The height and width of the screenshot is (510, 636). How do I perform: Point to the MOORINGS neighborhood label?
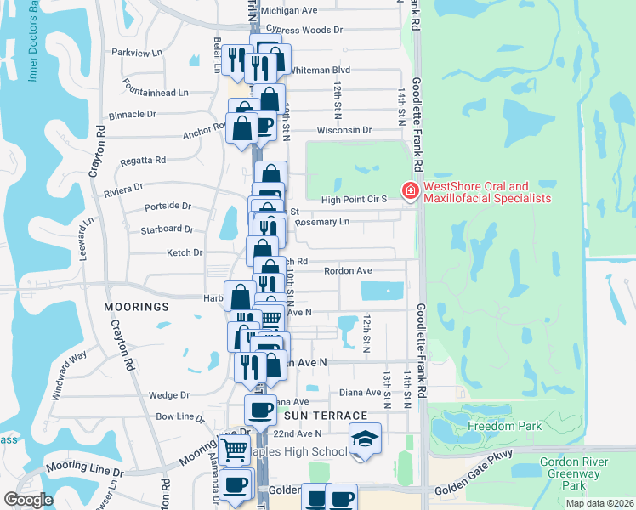pos(137,305)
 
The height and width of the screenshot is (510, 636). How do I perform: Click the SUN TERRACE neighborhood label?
pos(326,415)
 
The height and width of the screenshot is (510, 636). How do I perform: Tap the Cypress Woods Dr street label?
pos(302,29)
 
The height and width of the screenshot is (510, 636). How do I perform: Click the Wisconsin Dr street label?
pos(344,130)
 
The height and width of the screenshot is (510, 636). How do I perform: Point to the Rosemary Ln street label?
pos(321,221)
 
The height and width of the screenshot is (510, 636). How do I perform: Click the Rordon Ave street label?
pos(348,270)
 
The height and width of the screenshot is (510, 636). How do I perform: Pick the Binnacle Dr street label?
pos(133,113)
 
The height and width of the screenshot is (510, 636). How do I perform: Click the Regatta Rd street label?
pos(143,160)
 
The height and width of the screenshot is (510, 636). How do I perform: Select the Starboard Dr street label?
pos(168,229)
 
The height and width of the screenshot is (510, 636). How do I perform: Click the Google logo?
pos(28,500)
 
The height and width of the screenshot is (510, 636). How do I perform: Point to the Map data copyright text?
pos(599,503)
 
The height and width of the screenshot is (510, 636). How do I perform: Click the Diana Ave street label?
pos(360,392)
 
